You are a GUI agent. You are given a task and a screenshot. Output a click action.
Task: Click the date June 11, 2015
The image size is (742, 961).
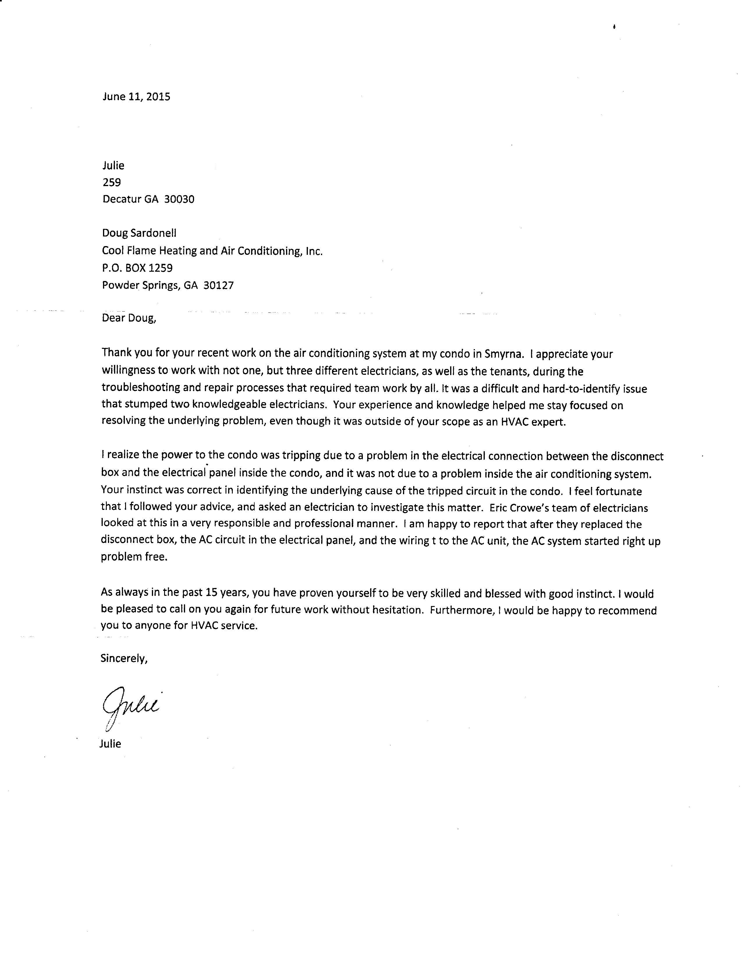click(136, 97)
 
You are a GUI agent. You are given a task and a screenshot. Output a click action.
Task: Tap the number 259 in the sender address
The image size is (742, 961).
click(112, 182)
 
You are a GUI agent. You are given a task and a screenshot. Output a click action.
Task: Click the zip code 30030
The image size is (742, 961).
click(179, 199)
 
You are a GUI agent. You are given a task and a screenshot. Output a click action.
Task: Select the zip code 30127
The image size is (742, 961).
click(219, 285)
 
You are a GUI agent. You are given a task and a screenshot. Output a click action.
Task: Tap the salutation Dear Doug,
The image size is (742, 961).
click(129, 318)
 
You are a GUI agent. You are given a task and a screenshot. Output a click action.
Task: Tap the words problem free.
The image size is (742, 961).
click(134, 557)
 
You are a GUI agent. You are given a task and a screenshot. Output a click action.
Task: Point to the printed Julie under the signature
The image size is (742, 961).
click(110, 744)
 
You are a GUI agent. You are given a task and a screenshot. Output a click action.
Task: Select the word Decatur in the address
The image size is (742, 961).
click(122, 199)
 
